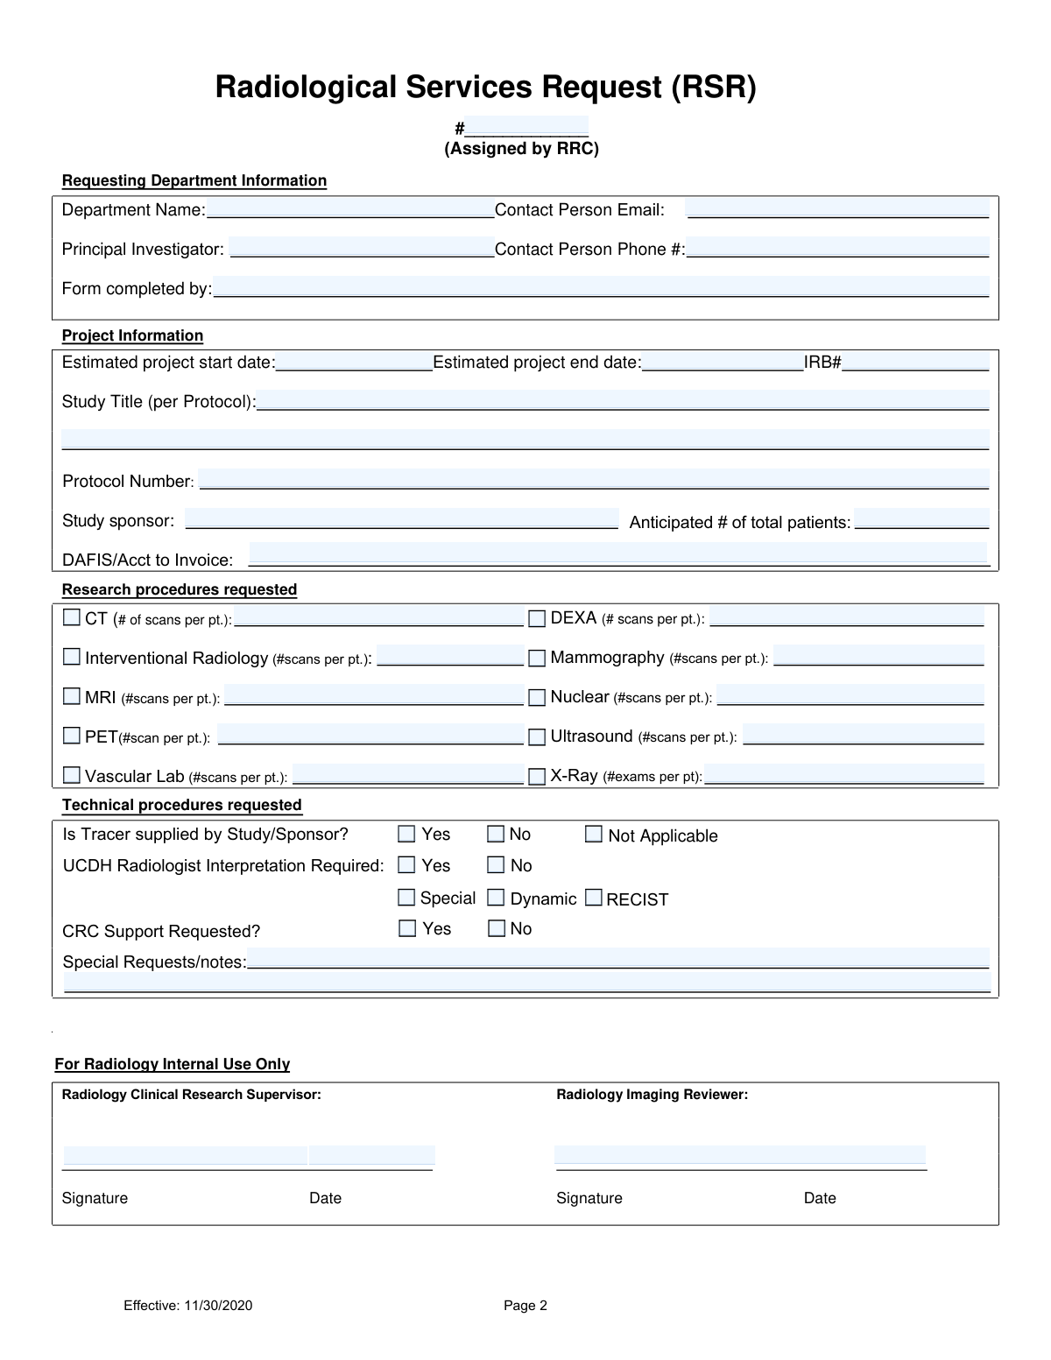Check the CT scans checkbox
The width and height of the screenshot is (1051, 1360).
(72, 618)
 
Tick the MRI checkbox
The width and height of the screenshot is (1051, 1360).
(72, 697)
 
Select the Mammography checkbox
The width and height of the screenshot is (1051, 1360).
(537, 658)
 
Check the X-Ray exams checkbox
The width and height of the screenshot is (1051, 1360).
(537, 777)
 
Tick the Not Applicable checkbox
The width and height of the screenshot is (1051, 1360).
(594, 835)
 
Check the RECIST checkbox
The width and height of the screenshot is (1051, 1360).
(594, 898)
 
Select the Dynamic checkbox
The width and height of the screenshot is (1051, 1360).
(497, 898)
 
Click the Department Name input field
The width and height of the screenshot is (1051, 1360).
(350, 209)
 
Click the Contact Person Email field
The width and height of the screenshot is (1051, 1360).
(837, 209)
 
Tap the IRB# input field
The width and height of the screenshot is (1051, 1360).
(915, 362)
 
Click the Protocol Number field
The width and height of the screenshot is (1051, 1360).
(594, 480)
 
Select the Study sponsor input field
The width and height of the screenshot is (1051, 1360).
(401, 519)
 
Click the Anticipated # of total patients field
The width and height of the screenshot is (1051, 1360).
(921, 519)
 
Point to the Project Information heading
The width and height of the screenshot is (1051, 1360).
(132, 335)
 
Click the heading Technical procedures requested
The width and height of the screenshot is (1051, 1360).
(182, 805)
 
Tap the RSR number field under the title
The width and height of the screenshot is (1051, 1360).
(526, 127)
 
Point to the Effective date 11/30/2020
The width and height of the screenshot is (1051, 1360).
(188, 1306)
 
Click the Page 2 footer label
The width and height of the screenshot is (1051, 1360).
(525, 1306)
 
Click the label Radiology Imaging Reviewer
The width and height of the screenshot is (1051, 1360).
(652, 1095)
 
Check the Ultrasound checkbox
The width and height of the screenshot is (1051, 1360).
(537, 737)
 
